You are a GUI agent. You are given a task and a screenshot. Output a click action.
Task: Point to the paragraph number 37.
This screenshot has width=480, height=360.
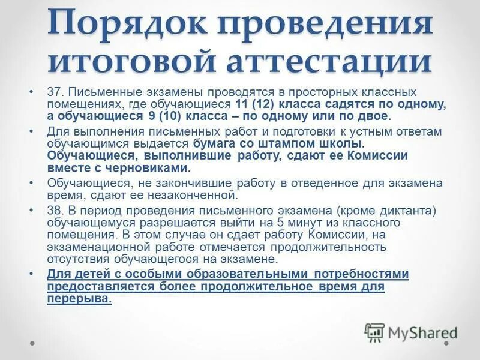pyautogui.click(x=55, y=93)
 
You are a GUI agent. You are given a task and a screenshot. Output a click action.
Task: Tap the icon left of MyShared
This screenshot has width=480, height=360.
pyautogui.click(x=375, y=332)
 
